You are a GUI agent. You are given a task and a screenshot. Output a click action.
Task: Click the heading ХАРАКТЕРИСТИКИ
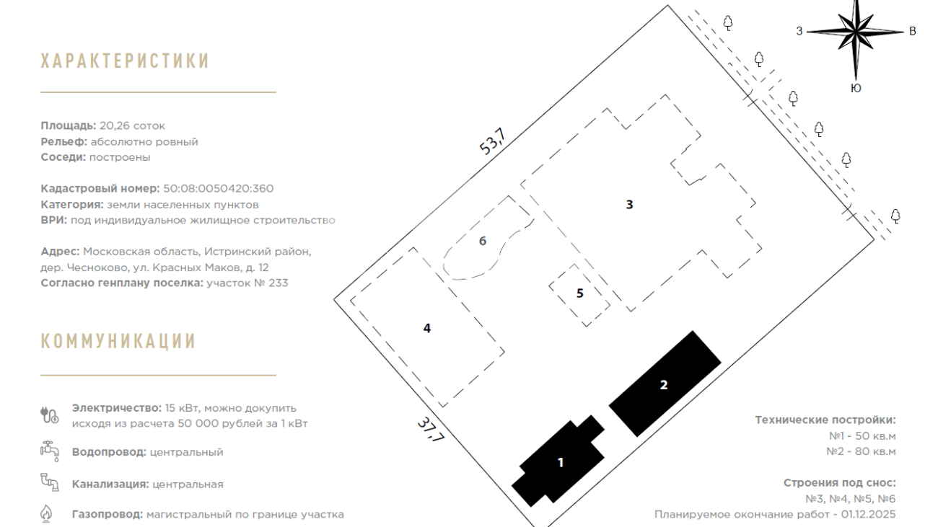point(125,61)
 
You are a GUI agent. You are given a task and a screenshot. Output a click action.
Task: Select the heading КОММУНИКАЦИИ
point(118,341)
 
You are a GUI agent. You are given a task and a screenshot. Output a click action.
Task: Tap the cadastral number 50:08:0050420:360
point(218,189)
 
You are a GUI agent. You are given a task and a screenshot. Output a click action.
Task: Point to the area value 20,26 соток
point(132,126)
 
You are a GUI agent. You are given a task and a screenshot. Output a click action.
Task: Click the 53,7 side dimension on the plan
point(493,141)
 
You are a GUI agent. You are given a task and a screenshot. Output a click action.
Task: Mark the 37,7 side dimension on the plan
point(431,429)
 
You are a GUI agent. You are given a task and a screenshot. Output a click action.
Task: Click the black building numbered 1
point(558,461)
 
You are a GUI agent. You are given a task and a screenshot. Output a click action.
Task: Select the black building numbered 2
point(665,384)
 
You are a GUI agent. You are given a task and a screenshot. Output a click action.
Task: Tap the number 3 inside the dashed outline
point(629,205)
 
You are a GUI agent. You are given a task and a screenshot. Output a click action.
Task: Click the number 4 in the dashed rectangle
point(426,328)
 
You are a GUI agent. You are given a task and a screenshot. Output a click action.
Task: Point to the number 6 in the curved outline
point(483,241)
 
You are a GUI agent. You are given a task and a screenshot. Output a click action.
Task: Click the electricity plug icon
point(49,415)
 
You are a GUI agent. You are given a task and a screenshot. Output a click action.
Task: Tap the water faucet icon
point(49,451)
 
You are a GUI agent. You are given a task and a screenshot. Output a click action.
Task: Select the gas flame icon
point(46,513)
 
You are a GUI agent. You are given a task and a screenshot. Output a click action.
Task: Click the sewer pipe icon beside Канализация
point(49,482)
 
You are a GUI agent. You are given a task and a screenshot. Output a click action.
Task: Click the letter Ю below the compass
point(856,88)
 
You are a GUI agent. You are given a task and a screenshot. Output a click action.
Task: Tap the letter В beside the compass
point(913,32)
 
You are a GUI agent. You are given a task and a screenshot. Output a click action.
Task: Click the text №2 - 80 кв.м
point(861,452)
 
